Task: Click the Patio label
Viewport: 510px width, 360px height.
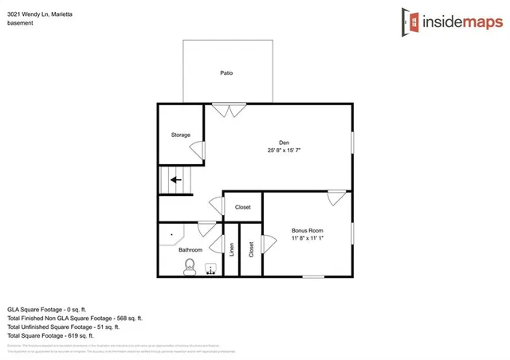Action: pos(226,73)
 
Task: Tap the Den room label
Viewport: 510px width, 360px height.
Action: pos(283,142)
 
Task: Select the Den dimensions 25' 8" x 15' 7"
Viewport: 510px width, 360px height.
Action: pos(284,150)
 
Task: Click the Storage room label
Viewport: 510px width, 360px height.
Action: pos(181,135)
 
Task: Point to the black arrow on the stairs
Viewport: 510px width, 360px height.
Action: pos(175,180)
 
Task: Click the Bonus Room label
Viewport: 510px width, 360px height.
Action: pos(307,232)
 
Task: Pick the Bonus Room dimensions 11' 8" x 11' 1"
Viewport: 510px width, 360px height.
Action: pos(307,239)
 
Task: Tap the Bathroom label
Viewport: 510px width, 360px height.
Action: pos(190,250)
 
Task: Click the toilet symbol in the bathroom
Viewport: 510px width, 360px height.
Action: pos(190,270)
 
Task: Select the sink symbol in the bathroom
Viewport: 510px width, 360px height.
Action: pos(211,268)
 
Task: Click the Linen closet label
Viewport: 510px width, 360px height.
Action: pos(232,249)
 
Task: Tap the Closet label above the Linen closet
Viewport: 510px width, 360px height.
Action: pos(242,207)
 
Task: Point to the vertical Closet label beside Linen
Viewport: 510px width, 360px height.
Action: pos(251,249)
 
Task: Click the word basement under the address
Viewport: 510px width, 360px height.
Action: pos(21,23)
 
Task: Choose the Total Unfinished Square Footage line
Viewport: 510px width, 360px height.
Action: pos(64,327)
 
